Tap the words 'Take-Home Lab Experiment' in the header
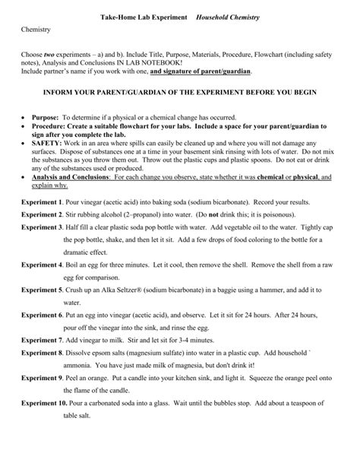(x=142, y=15)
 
